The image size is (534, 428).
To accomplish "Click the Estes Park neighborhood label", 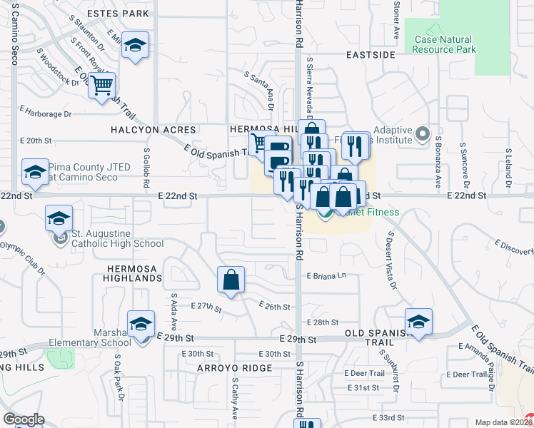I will coord(117,14).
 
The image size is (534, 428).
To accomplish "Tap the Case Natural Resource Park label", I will coord(443,44).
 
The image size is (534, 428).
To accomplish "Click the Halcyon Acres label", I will coord(153,130).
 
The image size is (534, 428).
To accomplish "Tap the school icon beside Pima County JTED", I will coord(35,171).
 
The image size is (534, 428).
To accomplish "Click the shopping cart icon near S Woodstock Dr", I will coord(103,86).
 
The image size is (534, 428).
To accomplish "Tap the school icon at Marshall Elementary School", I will coord(141,324).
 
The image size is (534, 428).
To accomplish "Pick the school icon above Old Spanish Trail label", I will coord(418,321).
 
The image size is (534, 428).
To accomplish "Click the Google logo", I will coord(24,419).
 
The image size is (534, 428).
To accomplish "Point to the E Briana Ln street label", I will coord(326,276).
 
